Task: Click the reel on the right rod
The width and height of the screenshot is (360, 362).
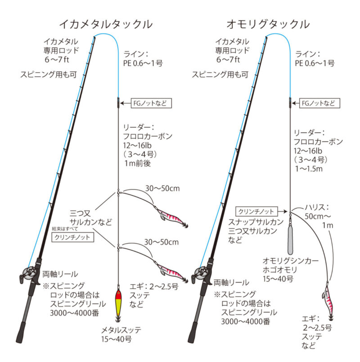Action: tap(200, 274)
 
